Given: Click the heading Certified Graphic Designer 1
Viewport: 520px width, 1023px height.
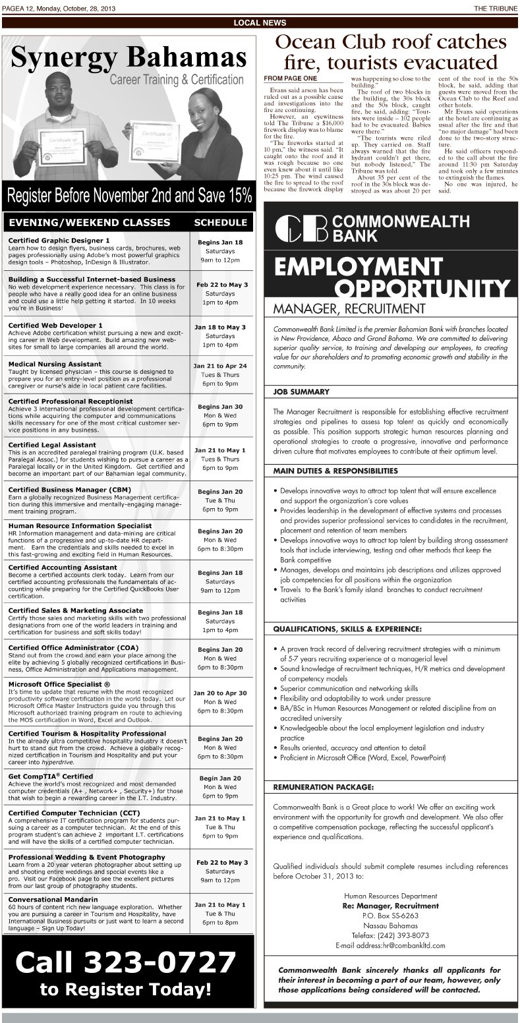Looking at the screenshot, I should coord(59,241).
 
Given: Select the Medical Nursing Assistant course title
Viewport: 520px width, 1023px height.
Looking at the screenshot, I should coord(55,364).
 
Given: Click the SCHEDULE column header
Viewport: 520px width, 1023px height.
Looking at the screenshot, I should coord(220,223).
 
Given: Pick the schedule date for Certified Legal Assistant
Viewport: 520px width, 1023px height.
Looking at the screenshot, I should coord(220,450).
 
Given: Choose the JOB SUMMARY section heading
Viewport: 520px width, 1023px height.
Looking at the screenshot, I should coord(301,392).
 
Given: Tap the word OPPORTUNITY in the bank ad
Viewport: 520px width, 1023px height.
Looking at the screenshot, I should coord(422,289).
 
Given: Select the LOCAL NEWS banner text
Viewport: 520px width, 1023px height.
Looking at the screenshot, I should coord(260,23).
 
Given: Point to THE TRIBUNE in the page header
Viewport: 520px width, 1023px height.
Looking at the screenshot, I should coord(495,8).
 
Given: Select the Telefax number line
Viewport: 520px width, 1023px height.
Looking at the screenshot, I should coord(391,935).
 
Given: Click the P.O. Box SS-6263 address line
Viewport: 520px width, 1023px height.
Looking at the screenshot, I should coord(390,916).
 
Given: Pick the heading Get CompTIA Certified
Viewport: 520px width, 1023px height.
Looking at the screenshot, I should coord(50,776).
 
